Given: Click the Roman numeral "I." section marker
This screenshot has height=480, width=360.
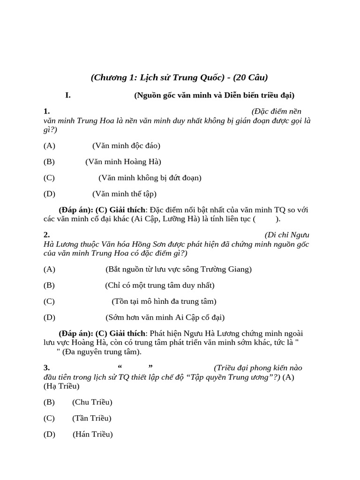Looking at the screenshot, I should [x=68, y=95].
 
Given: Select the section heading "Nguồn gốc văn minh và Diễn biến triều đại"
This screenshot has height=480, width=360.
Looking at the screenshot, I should [x=214, y=95].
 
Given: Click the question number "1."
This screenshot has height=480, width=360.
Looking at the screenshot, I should [x=46, y=111].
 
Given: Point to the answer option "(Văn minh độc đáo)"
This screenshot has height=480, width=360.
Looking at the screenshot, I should [x=126, y=145].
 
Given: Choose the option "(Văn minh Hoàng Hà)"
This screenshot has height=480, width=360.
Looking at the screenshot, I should [x=123, y=162].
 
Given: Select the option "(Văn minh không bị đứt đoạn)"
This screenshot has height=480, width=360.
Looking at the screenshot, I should [x=150, y=178].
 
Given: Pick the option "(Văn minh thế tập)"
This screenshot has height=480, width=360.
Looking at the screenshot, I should [x=124, y=194].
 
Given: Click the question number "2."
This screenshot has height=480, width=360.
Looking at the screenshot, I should [x=46, y=234].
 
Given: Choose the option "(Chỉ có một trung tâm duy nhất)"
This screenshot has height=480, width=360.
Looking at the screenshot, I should [x=160, y=285].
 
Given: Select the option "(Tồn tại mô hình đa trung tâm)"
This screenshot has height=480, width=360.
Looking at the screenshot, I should [x=164, y=301].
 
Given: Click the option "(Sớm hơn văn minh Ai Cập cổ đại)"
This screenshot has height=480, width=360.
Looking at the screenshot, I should [x=165, y=317].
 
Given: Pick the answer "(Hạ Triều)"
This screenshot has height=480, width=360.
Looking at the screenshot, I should [x=61, y=386].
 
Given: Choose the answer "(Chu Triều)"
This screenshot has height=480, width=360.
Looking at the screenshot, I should [x=92, y=402].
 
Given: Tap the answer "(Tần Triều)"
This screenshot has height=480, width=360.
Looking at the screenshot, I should [x=92, y=418].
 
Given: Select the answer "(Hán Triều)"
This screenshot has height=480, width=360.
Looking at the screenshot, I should [x=93, y=434].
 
